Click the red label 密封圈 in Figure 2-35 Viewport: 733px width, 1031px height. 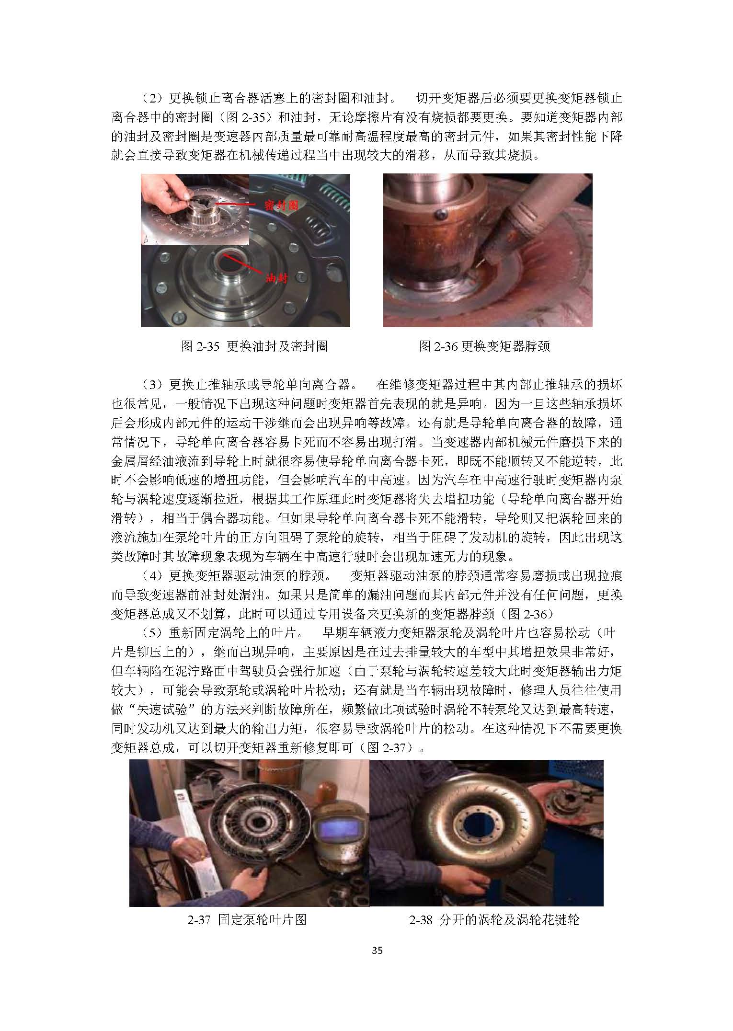pos(282,206)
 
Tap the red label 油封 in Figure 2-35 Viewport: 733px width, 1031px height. pos(277,277)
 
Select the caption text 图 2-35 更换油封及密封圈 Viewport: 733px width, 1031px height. pos(254,346)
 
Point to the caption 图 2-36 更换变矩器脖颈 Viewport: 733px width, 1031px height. pos(485,346)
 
